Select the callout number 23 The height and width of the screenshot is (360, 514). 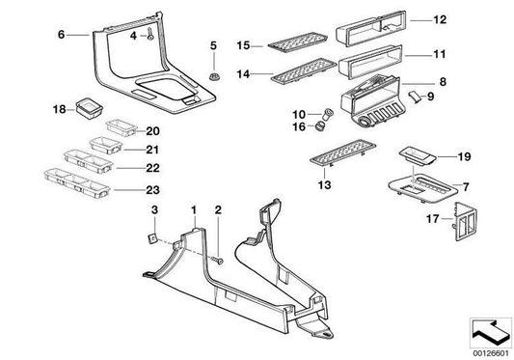[x=125, y=190]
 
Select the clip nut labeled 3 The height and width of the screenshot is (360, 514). [x=153, y=236]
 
